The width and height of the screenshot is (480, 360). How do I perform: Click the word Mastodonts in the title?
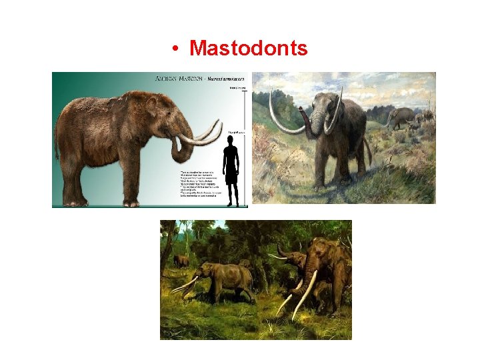248,48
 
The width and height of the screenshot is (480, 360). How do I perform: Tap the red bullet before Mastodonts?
173,49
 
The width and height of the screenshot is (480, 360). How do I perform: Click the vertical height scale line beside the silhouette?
246,147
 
